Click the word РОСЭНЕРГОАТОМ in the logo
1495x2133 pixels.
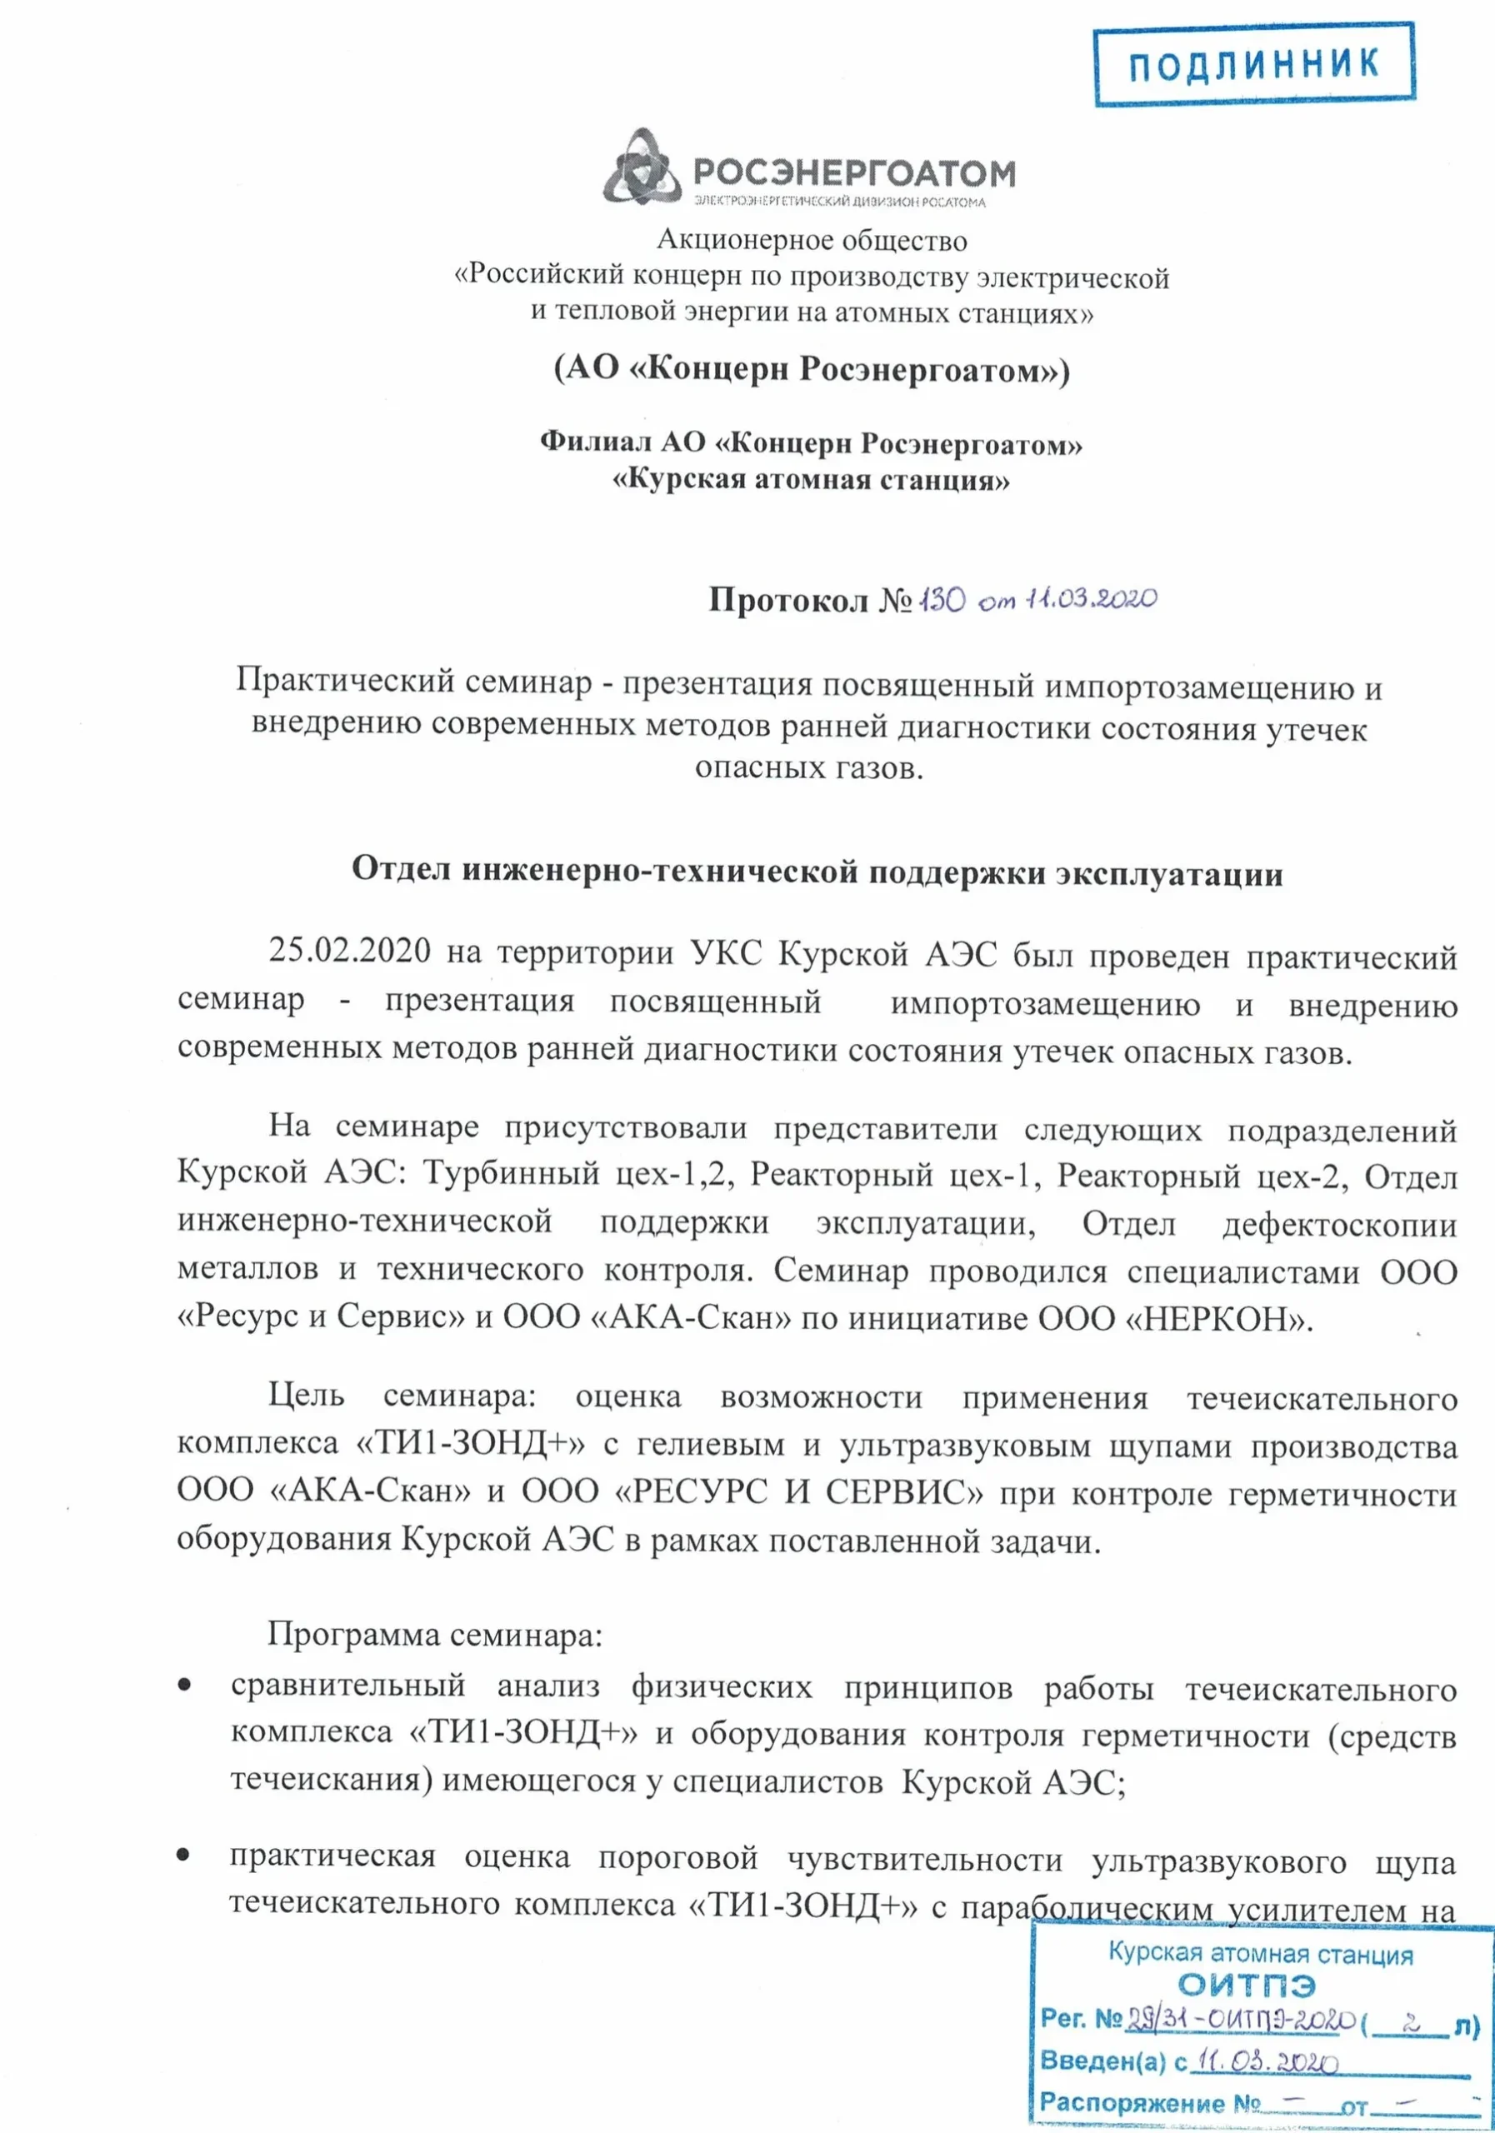pos(853,172)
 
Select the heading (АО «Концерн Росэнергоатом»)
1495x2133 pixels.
pos(811,371)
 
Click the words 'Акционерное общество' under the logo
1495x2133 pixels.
pos(811,241)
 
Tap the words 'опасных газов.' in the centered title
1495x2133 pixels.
pos(809,769)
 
